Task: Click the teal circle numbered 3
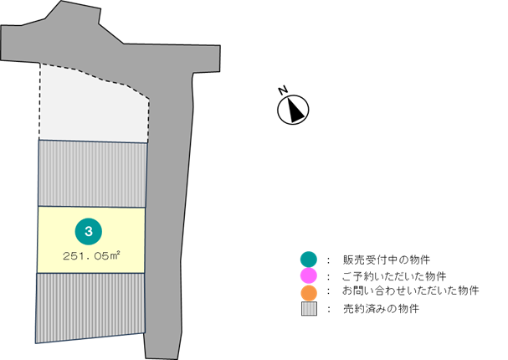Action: pyautogui.click(x=88, y=231)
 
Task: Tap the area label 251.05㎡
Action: pyautogui.click(x=91, y=255)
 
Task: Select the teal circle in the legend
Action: pyautogui.click(x=309, y=259)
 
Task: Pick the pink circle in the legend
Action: pyautogui.click(x=309, y=275)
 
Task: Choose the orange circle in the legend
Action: pyautogui.click(x=309, y=293)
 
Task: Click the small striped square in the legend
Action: pyautogui.click(x=309, y=309)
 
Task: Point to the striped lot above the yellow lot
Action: pyautogui.click(x=92, y=173)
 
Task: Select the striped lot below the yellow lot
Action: pyautogui.click(x=90, y=306)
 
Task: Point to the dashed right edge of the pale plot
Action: pyautogui.click(x=148, y=117)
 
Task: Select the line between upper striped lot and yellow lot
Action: pyautogui.click(x=92, y=207)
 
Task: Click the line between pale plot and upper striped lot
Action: pyautogui.click(x=93, y=141)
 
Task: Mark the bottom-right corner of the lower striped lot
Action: pyautogui.click(x=145, y=332)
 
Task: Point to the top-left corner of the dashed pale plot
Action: pyautogui.click(x=40, y=65)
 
